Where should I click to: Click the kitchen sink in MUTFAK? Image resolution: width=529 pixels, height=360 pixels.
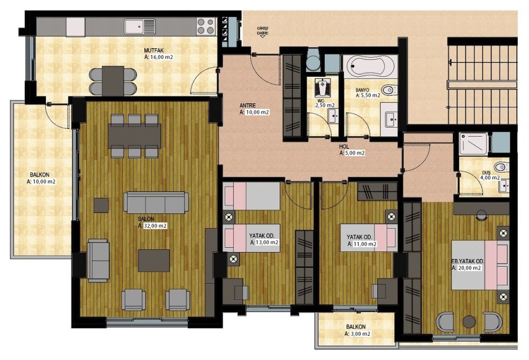[x=140, y=26]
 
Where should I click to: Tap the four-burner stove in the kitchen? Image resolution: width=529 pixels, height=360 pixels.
[x=206, y=26]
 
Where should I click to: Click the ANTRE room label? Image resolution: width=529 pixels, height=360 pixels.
[x=248, y=105]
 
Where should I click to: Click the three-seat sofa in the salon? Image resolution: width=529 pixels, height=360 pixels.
[x=156, y=203]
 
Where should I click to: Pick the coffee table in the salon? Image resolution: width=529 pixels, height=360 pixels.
[x=154, y=260]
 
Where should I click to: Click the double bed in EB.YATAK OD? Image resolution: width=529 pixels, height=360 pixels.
[x=480, y=265]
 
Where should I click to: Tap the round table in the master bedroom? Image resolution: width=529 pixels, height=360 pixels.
[x=469, y=321]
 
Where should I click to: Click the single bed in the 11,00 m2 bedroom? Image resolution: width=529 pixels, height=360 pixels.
[x=368, y=238]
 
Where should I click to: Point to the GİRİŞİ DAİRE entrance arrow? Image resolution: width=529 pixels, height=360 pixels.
[x=262, y=37]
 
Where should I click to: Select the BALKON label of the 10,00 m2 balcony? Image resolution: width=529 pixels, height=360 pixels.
[x=40, y=175]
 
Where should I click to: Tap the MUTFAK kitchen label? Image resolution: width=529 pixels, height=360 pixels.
[x=153, y=51]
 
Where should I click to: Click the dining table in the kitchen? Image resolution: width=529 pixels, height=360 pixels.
[x=113, y=80]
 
